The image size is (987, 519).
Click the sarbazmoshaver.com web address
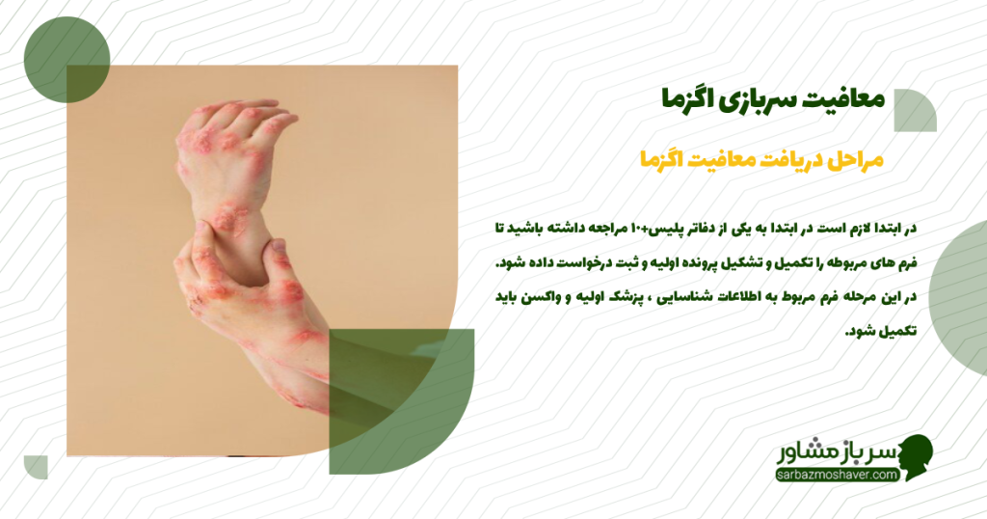837,475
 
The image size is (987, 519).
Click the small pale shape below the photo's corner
37,466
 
